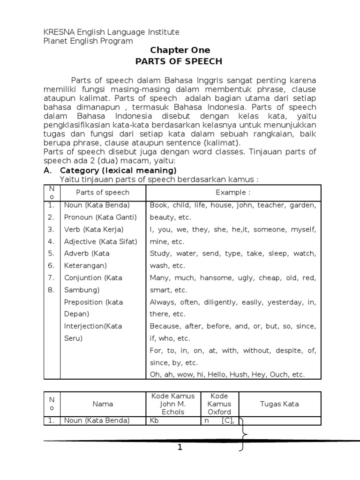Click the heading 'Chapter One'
[180, 50]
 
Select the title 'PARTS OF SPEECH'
[179, 61]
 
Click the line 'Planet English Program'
[88, 41]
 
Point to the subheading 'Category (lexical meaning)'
[118, 171]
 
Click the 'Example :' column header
[233, 192]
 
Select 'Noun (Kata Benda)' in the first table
[97, 205]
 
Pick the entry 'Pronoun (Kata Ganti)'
[100, 217]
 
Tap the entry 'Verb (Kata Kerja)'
[94, 229]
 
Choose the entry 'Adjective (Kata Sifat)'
[101, 241]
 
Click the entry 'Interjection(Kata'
[93, 326]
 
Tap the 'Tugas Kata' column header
[279, 404]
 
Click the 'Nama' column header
[103, 404]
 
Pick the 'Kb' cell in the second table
[155, 420]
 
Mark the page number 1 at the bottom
[180, 448]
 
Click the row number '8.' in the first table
[51, 290]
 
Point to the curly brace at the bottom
[242, 434]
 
